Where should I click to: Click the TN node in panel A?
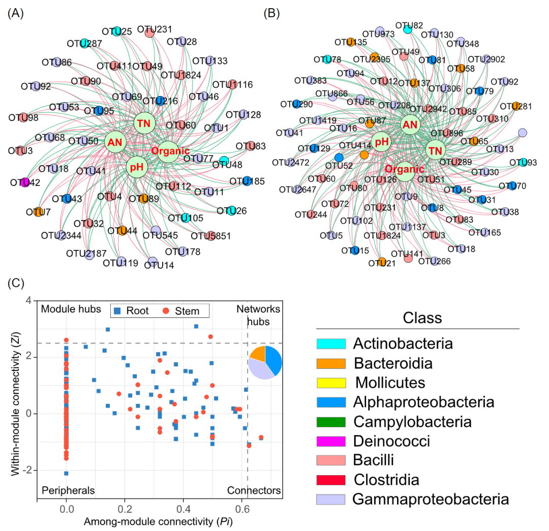[142, 123]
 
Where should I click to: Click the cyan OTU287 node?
[85, 43]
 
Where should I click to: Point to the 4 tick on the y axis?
[30, 300]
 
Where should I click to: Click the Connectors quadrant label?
[254, 490]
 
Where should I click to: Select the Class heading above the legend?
[422, 319]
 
